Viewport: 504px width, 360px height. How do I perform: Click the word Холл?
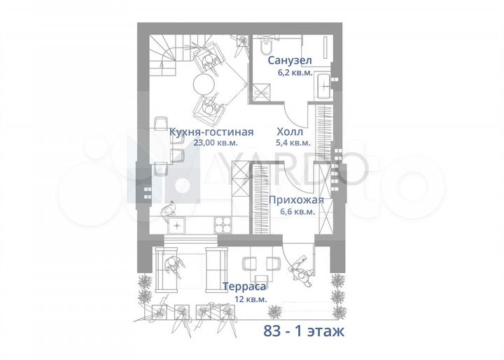coord(290,132)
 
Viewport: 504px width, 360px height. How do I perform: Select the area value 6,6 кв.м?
coord(296,210)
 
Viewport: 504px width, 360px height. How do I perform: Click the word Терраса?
coord(243,286)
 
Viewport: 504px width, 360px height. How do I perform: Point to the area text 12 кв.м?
coord(244,298)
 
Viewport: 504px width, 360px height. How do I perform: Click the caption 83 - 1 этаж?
coord(304,331)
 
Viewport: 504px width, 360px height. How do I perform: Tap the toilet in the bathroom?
coord(265,46)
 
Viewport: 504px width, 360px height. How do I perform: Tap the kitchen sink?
coord(177,225)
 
